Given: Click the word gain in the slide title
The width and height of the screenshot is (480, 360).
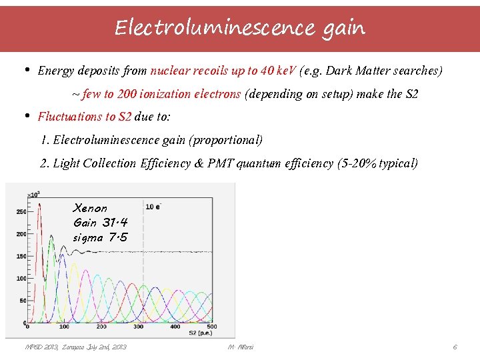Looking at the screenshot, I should [x=345, y=28].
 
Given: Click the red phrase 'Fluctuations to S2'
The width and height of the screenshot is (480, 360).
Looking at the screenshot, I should [x=85, y=117].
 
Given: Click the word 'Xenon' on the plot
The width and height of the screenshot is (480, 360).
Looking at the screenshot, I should [x=90, y=208].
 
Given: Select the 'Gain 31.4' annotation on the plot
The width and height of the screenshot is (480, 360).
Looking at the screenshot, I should [x=100, y=223].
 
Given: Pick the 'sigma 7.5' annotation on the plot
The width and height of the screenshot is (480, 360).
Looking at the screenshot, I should [x=101, y=237].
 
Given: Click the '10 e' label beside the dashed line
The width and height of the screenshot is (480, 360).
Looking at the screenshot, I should [x=153, y=206].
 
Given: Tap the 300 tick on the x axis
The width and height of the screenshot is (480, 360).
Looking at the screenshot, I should [x=139, y=327].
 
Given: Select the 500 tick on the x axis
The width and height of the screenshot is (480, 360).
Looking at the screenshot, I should [x=213, y=327].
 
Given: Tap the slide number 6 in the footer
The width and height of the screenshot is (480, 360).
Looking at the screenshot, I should [x=455, y=347].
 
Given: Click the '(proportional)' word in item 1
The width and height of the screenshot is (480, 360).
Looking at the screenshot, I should [x=231, y=140].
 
